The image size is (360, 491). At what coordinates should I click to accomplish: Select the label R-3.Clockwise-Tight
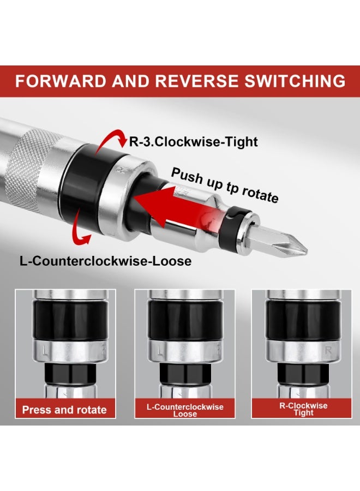(x=193, y=142)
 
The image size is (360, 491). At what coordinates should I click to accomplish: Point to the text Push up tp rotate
(x=225, y=185)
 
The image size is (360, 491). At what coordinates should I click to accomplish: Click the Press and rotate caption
(x=64, y=410)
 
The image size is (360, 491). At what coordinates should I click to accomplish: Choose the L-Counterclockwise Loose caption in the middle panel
(x=185, y=410)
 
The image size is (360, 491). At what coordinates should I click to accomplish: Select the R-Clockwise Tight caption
(x=303, y=409)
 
